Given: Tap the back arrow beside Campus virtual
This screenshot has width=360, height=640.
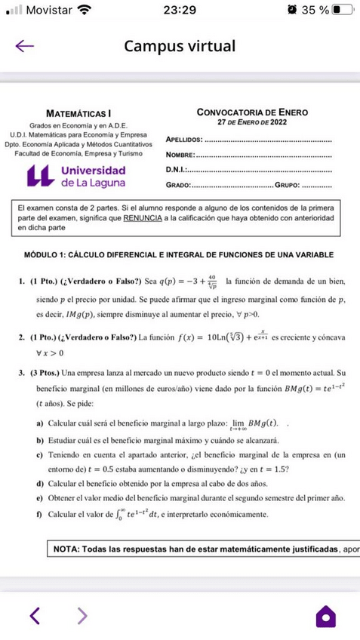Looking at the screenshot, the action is click(x=25, y=46).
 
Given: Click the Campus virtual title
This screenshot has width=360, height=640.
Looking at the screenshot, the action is click(x=180, y=46).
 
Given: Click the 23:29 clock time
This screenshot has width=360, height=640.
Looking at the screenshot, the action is click(x=180, y=11).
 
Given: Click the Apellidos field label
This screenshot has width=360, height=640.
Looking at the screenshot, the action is click(x=183, y=140).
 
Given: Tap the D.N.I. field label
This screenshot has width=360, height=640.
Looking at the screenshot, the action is click(x=177, y=170).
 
